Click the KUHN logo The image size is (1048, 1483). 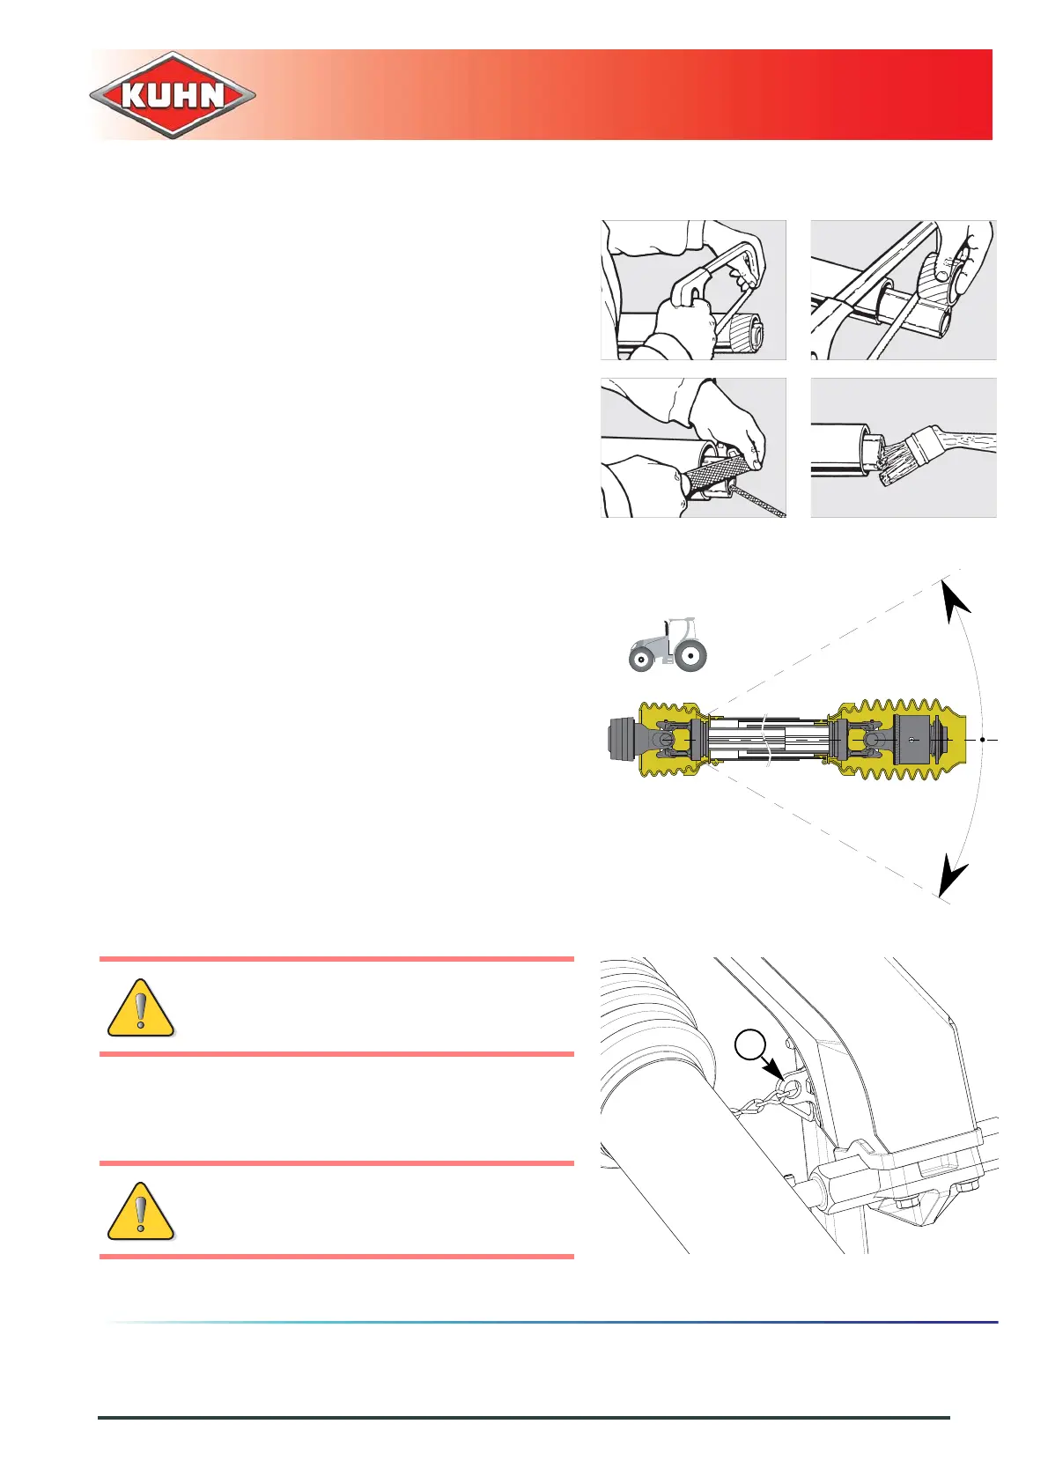(x=173, y=94)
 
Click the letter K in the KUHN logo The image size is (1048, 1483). (x=135, y=95)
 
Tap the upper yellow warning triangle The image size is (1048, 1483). (x=141, y=1008)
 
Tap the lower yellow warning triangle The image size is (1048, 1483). (x=141, y=1212)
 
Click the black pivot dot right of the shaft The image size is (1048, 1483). (x=983, y=740)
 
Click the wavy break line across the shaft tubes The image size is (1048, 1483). (x=768, y=740)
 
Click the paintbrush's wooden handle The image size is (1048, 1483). (x=960, y=440)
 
